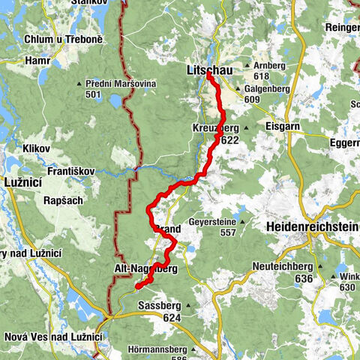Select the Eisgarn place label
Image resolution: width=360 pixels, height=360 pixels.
pos(283,127)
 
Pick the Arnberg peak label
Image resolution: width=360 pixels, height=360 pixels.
pos(273,66)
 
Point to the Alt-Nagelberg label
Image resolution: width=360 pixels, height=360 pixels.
pos(146,268)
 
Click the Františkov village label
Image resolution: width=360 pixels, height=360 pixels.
pos(71,171)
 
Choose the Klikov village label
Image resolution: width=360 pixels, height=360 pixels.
pos(36,148)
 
